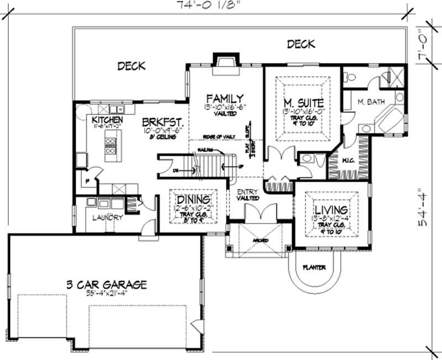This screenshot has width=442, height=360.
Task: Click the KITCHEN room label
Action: click(x=107, y=120)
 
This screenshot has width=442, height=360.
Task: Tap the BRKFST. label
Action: click(x=162, y=121)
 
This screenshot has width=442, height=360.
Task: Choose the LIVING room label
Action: click(x=330, y=210)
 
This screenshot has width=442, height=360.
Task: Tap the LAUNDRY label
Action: click(x=107, y=218)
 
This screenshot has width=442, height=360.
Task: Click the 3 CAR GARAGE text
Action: click(x=106, y=285)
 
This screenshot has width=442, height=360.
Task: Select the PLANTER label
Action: click(x=313, y=268)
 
